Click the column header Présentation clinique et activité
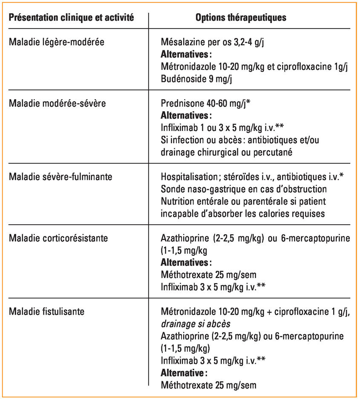(72, 18)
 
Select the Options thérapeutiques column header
(241, 18)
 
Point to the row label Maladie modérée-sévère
(58, 103)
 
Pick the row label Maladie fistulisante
(47, 311)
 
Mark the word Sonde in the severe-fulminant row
(172, 189)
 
